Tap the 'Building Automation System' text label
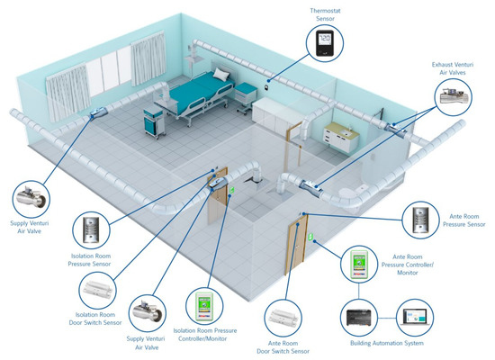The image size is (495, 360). coord(389,346)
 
